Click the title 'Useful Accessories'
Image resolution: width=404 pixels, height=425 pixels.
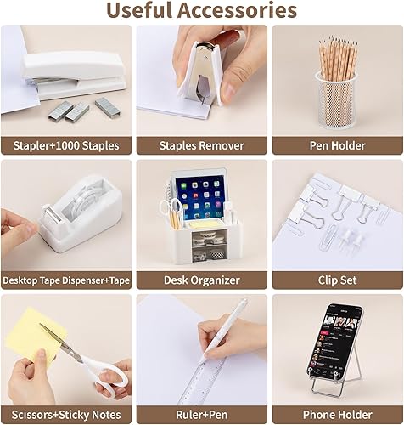pyautogui.click(x=201, y=11)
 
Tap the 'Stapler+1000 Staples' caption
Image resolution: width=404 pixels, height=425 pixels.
pyautogui.click(x=67, y=144)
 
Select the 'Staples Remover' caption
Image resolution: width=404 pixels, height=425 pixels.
pyautogui.click(x=202, y=144)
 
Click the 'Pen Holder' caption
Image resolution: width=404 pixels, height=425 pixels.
pyautogui.click(x=337, y=144)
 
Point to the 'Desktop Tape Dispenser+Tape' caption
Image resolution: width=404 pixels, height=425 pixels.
pyautogui.click(x=67, y=280)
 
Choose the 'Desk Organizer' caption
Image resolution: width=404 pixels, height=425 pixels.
pyautogui.click(x=202, y=280)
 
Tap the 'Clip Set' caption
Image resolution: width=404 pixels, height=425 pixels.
pyautogui.click(x=337, y=280)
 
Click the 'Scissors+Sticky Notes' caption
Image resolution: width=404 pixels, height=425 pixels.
pyautogui.click(x=67, y=414)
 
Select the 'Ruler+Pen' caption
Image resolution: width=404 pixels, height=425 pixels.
pyautogui.click(x=202, y=414)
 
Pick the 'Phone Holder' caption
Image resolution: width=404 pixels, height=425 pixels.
pyautogui.click(x=337, y=414)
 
